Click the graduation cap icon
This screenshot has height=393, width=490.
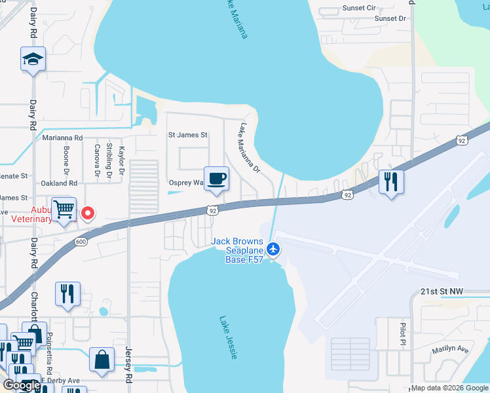pos(33,60)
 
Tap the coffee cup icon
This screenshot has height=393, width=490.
pos(216,178)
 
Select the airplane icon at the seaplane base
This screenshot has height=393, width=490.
pos(274,249)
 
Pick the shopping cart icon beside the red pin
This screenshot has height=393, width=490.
pos(64,210)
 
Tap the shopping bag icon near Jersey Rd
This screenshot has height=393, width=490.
pos(102,360)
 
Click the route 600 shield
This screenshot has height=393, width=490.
pos(81,242)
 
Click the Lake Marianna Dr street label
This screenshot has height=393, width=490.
pos(250,149)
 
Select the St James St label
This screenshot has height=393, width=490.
pos(187,135)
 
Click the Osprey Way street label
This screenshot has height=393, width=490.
pos(186,183)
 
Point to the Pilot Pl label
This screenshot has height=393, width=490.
pos(403,333)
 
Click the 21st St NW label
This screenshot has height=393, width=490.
pos(442,291)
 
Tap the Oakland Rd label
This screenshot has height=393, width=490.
pos(59,183)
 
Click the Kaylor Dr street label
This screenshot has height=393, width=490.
pos(121,160)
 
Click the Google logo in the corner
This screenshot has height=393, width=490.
pos(22,385)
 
